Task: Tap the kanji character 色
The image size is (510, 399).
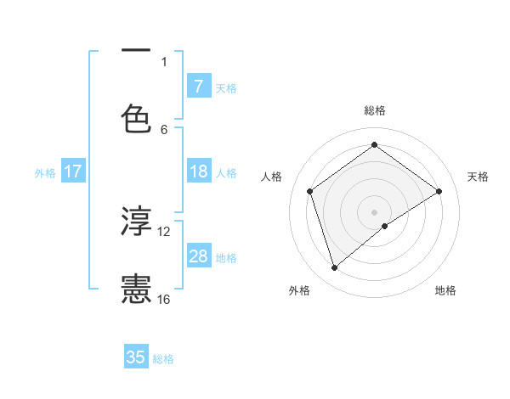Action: (136, 119)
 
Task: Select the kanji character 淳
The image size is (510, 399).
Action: (136, 222)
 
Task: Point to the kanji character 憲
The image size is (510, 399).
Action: (136, 289)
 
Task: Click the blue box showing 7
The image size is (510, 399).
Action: (198, 87)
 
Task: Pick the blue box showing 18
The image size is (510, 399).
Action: (198, 172)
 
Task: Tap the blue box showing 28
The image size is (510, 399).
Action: (198, 257)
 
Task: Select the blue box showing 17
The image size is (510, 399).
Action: (72, 172)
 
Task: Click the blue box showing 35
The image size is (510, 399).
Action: (136, 357)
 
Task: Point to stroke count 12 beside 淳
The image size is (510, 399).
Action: (164, 231)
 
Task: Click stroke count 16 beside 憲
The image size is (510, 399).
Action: (164, 299)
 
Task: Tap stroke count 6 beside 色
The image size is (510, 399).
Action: (164, 129)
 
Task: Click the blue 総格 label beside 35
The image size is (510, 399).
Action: (163, 359)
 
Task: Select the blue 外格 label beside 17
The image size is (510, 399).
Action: (45, 173)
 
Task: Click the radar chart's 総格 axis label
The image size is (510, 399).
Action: (375, 110)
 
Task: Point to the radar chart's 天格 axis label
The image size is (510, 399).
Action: (479, 177)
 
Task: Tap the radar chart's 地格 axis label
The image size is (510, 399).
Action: (445, 290)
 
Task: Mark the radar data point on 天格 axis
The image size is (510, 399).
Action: (439, 191)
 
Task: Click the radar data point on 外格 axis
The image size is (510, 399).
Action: (335, 268)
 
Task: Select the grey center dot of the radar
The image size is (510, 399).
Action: (375, 211)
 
